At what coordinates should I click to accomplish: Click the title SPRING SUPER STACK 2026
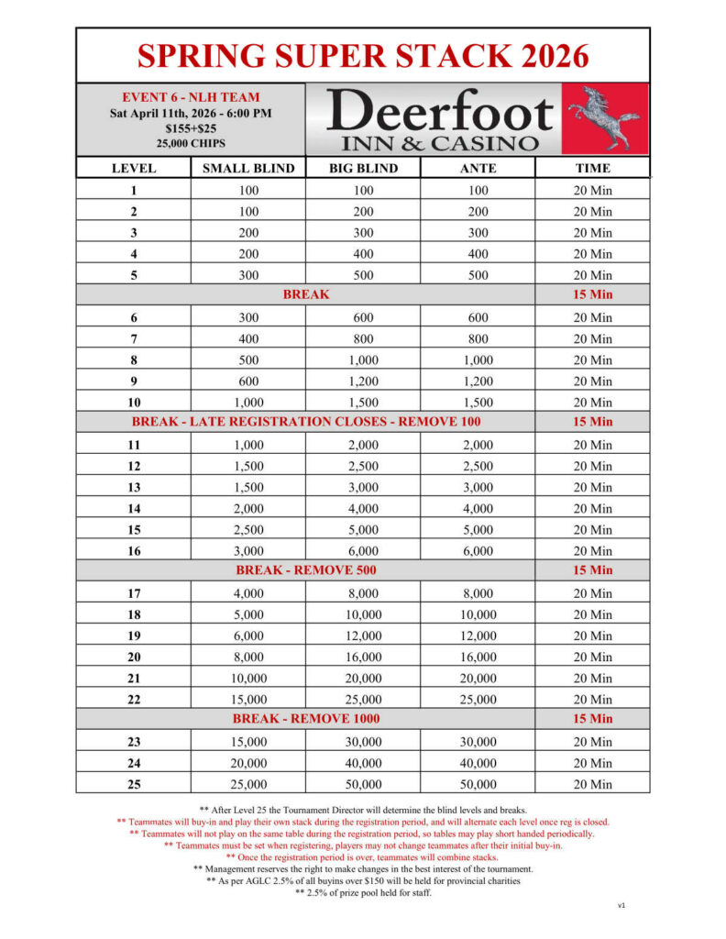pyautogui.click(x=363, y=56)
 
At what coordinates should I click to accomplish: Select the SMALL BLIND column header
pyautogui.click(x=248, y=169)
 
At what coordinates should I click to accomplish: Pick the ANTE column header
pyautogui.click(x=478, y=169)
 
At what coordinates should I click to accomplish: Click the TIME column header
pyautogui.click(x=592, y=169)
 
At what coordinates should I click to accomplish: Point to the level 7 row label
pyautogui.click(x=134, y=339)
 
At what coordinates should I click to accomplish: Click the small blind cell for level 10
pyautogui.click(x=248, y=403)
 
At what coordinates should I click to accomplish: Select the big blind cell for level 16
pyautogui.click(x=363, y=551)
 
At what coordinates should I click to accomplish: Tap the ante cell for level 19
pyautogui.click(x=478, y=636)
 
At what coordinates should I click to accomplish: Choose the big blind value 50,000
pyautogui.click(x=363, y=785)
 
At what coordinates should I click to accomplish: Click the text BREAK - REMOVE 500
pyautogui.click(x=306, y=570)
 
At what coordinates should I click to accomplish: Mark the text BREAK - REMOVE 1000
pyautogui.click(x=306, y=719)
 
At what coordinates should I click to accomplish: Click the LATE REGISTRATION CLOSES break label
pyautogui.click(x=306, y=423)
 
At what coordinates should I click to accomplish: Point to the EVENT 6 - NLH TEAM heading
pyautogui.click(x=191, y=97)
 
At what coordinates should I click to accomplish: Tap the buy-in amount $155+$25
pyautogui.click(x=191, y=128)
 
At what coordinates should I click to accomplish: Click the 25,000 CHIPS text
pyautogui.click(x=191, y=144)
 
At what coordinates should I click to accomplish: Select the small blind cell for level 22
pyautogui.click(x=248, y=700)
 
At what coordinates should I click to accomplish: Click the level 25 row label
pyautogui.click(x=134, y=785)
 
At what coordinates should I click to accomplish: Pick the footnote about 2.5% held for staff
pyautogui.click(x=363, y=893)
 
